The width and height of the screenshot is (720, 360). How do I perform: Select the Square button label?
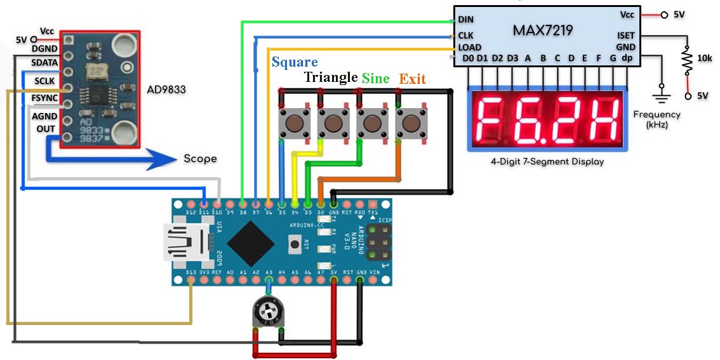coord(295,62)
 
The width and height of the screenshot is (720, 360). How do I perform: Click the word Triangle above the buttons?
coord(330,77)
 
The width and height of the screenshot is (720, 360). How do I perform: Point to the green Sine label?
coord(376,78)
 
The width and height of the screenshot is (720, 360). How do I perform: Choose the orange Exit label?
coord(412,79)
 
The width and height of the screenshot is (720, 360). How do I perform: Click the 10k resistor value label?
coord(704,58)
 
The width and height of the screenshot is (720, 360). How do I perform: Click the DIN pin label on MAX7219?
coord(465,20)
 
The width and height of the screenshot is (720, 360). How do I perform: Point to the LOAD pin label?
coord(469,47)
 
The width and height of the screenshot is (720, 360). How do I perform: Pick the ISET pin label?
coord(625,36)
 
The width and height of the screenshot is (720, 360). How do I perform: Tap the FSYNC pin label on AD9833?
coord(44,98)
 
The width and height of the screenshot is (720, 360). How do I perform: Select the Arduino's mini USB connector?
coord(184,243)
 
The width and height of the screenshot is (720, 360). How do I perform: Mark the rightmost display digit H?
coord(601,121)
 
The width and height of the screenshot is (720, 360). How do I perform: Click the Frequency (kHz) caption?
coord(657,119)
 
